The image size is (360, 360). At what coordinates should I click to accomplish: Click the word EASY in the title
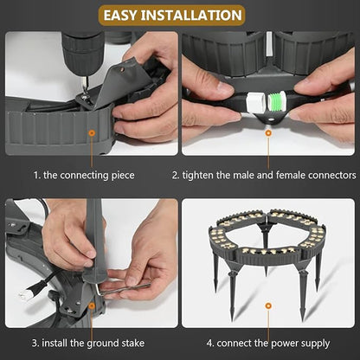pos(119,16)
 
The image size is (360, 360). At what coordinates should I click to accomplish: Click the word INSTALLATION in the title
pos(191,16)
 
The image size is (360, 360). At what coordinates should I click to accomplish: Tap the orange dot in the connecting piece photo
pos(92,133)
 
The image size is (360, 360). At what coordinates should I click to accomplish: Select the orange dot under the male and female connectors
pos(268,133)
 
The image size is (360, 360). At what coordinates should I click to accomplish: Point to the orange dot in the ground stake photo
pos(92,305)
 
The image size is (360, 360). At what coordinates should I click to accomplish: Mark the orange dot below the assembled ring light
pos(268,305)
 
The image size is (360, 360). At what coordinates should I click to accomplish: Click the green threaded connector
pos(276,101)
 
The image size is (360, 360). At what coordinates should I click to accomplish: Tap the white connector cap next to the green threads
pos(255,102)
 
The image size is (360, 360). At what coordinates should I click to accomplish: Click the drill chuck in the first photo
pos(83,54)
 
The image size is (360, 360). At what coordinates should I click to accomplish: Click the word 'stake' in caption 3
pos(133,344)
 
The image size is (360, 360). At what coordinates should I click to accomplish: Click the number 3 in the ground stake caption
pos(35,344)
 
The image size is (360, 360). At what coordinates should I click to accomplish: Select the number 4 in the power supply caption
pos(209,344)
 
